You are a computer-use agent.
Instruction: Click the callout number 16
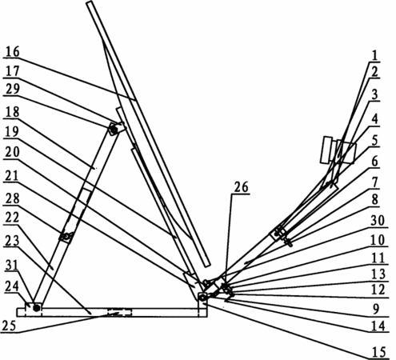tap(13, 51)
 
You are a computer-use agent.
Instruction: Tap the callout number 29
tap(13, 89)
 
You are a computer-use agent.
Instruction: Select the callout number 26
tap(241, 187)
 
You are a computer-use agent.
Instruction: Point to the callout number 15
tap(379, 352)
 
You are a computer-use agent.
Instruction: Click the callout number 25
tap(9, 326)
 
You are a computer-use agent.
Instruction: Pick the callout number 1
tap(375, 56)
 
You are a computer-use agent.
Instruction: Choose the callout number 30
tap(378, 221)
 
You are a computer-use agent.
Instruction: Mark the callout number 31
tap(12, 266)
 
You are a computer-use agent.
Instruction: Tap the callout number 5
tap(375, 141)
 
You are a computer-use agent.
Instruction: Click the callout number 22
tap(13, 218)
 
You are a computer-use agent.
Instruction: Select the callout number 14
tap(379, 326)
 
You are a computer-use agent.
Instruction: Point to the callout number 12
tap(378, 290)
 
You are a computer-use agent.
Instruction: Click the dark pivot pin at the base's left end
tap(37, 309)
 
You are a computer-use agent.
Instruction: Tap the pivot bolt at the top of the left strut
tap(113, 130)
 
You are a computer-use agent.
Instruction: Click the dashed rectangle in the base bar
tap(119, 313)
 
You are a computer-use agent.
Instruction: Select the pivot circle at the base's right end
tap(203, 297)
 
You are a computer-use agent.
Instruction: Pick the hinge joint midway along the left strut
tap(66, 236)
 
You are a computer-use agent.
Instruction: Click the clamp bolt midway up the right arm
tap(278, 233)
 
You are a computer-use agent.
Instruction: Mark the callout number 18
tap(13, 112)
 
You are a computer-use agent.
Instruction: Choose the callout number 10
tap(378, 241)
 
